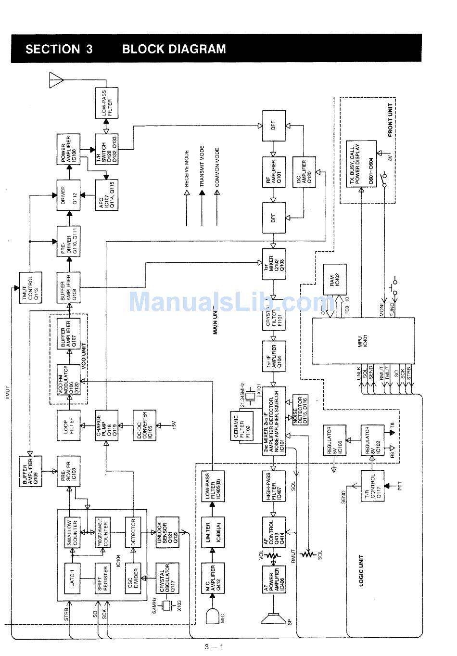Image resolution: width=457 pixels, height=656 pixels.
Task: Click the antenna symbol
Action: click(x=57, y=80)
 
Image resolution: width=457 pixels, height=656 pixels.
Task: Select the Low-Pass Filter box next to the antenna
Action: click(x=106, y=103)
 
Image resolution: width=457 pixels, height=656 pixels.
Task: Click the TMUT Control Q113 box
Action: click(x=30, y=288)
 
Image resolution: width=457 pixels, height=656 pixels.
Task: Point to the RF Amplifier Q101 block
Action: click(x=273, y=172)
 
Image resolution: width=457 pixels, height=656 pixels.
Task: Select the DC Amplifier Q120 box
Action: click(x=304, y=172)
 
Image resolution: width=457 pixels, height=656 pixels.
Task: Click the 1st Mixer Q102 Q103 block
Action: click(x=273, y=264)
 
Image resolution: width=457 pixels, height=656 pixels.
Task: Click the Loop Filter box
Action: click(x=68, y=424)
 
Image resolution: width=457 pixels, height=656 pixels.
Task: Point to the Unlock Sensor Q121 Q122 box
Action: click(x=167, y=533)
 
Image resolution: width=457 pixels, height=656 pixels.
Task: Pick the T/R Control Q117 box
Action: click(x=372, y=486)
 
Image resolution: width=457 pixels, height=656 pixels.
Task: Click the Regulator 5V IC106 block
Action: click(x=334, y=440)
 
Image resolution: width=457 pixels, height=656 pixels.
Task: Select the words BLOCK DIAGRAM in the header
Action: click(x=174, y=49)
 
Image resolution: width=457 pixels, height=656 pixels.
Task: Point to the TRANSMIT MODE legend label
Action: click(x=202, y=167)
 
